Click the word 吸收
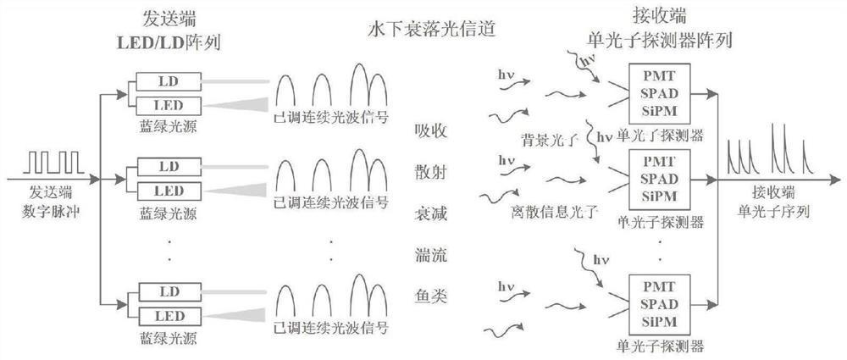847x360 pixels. (429, 130)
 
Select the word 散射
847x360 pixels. (429, 171)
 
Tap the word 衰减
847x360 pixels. (429, 213)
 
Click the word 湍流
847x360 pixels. (429, 253)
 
